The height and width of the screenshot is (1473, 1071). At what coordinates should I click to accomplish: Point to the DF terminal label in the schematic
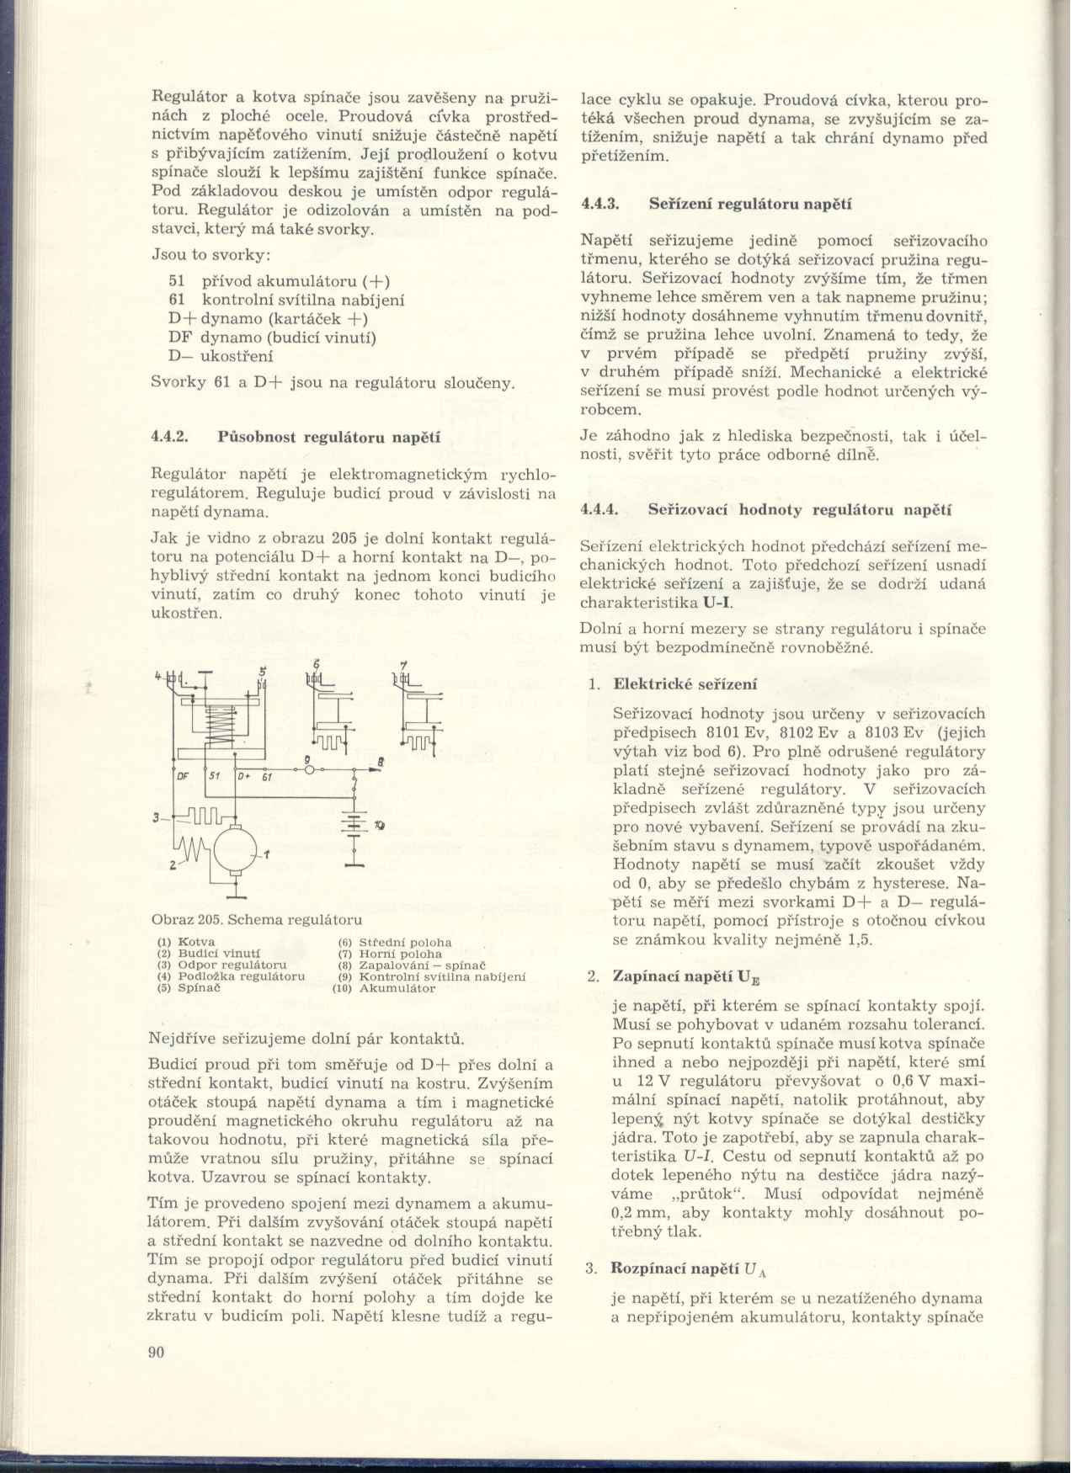pyautogui.click(x=181, y=777)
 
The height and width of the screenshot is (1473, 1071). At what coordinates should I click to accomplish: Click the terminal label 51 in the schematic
pyautogui.click(x=213, y=777)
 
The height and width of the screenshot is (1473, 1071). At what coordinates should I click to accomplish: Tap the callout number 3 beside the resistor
pyautogui.click(x=156, y=816)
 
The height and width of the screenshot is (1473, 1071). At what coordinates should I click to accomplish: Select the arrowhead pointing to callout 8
pyautogui.click(x=376, y=768)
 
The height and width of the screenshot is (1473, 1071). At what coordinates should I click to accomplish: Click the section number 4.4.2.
pyautogui.click(x=168, y=437)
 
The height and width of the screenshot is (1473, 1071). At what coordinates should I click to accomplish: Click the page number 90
pyautogui.click(x=156, y=1352)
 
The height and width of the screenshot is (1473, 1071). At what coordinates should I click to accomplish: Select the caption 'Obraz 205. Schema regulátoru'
pyautogui.click(x=257, y=919)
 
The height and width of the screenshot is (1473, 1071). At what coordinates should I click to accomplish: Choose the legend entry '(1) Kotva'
pyautogui.click(x=186, y=941)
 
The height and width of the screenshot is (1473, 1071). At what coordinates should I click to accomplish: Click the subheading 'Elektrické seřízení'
pyautogui.click(x=685, y=684)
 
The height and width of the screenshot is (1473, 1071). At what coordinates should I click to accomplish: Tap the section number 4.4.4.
pyautogui.click(x=599, y=509)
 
